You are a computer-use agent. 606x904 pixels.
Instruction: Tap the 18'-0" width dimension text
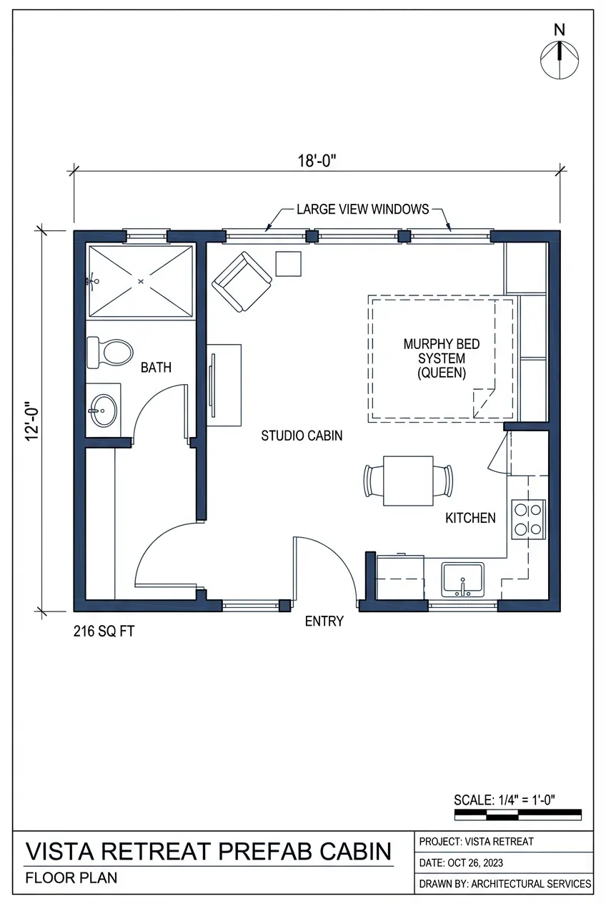click(317, 161)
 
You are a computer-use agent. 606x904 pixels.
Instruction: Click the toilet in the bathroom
click(109, 353)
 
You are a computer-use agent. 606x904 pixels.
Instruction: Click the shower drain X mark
click(140, 282)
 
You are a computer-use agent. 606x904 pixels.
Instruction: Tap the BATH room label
click(156, 368)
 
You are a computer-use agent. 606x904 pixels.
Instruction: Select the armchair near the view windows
click(242, 281)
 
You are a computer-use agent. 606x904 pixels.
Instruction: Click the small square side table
click(289, 264)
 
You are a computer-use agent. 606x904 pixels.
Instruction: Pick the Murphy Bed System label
click(442, 358)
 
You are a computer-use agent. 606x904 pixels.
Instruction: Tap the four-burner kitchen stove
click(528, 519)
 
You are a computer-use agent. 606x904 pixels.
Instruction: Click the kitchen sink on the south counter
click(462, 579)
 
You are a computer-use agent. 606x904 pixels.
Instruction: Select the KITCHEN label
click(470, 518)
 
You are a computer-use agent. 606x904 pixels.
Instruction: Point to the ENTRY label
click(324, 621)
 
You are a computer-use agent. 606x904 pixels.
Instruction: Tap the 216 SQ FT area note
click(104, 632)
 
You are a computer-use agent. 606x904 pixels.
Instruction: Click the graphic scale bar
click(517, 815)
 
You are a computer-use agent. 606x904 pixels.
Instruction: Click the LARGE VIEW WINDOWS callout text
click(362, 210)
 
